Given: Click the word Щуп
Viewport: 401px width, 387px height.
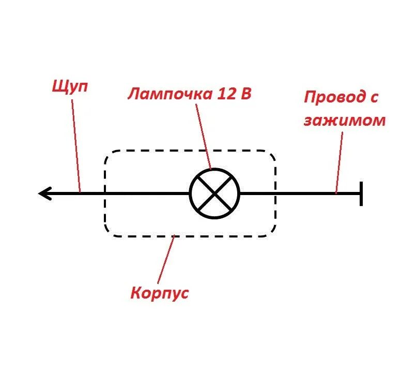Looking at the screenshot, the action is (70, 86).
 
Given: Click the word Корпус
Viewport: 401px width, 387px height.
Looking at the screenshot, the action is (160, 293).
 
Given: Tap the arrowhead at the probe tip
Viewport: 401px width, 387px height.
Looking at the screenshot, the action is (44, 194).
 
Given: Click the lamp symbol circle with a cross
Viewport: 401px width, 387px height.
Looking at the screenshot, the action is (215, 193).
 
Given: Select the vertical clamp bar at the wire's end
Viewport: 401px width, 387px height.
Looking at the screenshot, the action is (361, 193).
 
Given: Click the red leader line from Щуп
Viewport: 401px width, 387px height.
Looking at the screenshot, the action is (76, 145).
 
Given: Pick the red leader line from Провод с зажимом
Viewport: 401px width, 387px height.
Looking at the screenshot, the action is (339, 160).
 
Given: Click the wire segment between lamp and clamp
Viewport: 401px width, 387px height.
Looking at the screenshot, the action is (300, 193).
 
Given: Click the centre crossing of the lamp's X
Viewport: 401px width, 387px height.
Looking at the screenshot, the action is (215, 193).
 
